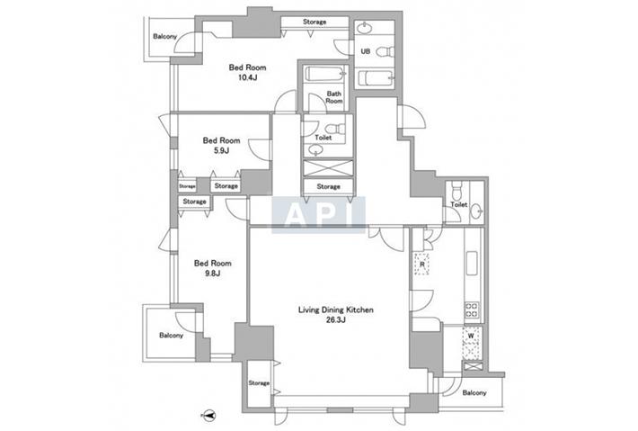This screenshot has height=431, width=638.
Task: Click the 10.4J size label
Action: (247, 77)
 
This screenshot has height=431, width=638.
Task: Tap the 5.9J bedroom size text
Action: (221, 151)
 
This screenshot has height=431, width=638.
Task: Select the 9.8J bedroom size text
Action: (212, 274)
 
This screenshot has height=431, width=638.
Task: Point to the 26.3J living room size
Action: (336, 319)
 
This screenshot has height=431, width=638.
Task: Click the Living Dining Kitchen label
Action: (336, 310)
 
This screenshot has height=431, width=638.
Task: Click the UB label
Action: (366, 51)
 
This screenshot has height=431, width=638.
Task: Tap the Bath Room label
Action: (334, 97)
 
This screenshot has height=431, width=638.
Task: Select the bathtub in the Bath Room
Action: (326, 74)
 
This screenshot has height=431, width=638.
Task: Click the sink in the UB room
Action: (365, 28)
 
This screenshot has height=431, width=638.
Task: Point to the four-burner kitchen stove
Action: (472, 310)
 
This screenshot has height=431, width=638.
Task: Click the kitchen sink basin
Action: (472, 263)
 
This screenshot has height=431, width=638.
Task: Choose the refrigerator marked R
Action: (421, 264)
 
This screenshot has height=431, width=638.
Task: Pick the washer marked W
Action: (472, 343)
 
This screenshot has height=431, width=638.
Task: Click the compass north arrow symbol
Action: (208, 416)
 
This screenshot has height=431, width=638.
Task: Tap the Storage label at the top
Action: (315, 22)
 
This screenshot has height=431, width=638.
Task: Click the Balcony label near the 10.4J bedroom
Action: (164, 36)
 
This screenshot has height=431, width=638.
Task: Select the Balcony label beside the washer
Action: (474, 392)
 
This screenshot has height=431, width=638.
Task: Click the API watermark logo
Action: (319, 215)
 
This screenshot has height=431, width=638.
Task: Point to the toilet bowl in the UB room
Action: (385, 51)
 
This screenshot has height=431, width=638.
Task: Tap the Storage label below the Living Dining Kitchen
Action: (259, 383)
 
